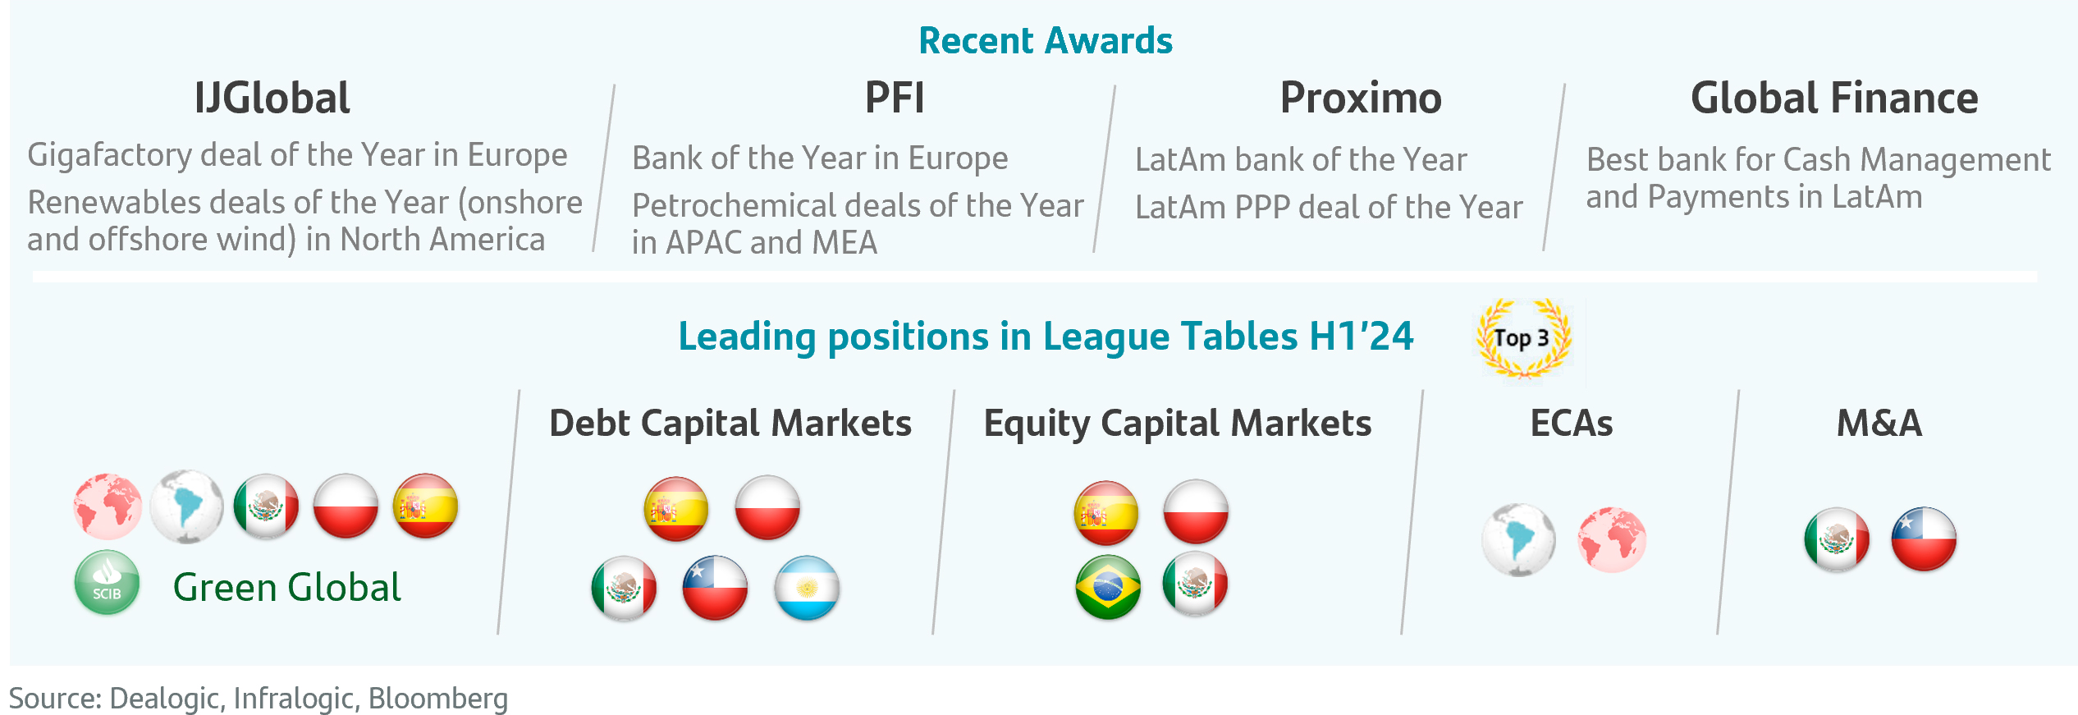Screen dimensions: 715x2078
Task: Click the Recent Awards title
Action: [x=1045, y=41]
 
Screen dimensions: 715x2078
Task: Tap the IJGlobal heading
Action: [x=272, y=99]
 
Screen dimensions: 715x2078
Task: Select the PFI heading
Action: [x=894, y=99]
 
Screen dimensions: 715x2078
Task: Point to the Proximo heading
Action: [x=1360, y=99]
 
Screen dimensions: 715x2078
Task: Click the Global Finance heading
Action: [x=1833, y=99]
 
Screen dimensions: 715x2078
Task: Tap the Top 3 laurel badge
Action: [x=1522, y=338]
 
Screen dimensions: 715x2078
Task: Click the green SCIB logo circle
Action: [x=107, y=582]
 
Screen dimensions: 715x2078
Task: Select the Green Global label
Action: [x=286, y=588]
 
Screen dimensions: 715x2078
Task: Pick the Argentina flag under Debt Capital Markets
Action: [x=807, y=588]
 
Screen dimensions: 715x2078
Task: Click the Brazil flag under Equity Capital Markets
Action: [x=1108, y=586]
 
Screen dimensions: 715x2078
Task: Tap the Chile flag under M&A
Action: [x=1923, y=539]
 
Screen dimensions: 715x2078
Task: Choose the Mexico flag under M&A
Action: [x=1837, y=539]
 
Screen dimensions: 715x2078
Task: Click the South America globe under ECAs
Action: [x=1518, y=539]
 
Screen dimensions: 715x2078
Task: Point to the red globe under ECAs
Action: [x=1611, y=539]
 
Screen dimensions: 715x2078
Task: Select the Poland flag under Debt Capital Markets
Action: [x=767, y=507]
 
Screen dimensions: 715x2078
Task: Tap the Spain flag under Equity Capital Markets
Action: [x=1105, y=512]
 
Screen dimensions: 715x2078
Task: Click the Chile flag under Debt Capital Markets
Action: [x=715, y=588]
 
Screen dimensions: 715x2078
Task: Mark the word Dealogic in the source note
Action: [x=164, y=699]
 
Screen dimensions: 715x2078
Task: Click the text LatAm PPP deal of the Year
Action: [x=1329, y=208]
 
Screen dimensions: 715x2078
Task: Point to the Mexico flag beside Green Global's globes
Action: [x=266, y=506]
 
